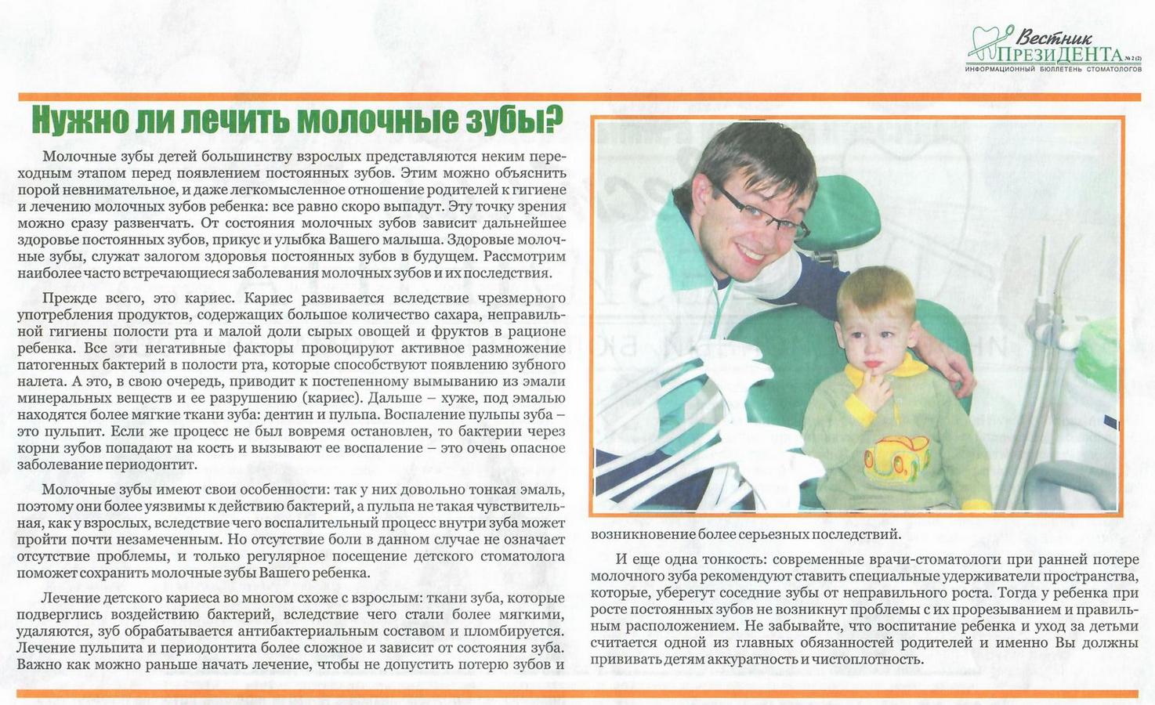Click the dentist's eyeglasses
click(x=765, y=212)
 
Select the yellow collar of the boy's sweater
click(x=901, y=368)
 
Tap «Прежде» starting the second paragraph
click(x=69, y=298)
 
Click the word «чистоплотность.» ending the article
click(x=863, y=660)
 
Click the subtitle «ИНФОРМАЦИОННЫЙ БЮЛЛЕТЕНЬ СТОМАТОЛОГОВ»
click(x=1053, y=70)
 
